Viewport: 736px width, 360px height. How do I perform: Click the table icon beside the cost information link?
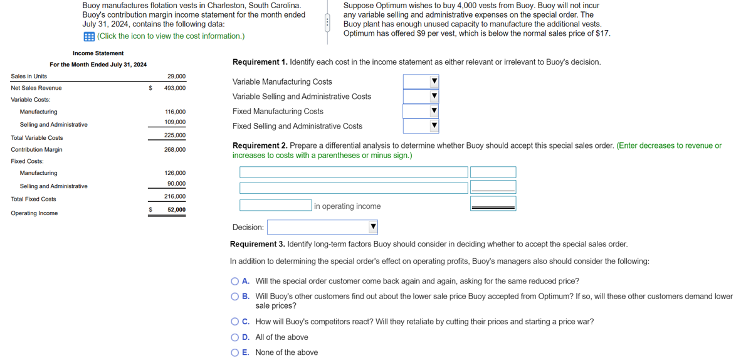[x=88, y=36]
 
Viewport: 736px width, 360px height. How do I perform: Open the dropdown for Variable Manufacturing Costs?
[x=421, y=82]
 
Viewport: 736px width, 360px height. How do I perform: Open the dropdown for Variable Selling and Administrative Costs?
[x=421, y=97]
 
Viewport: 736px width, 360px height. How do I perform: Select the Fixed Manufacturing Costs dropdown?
[x=421, y=111]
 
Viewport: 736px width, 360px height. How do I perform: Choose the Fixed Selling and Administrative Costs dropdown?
[x=421, y=126]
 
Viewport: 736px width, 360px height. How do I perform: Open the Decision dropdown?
[x=322, y=227]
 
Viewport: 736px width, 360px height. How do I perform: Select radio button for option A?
[x=235, y=282]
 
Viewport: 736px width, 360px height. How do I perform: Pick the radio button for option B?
[x=235, y=296]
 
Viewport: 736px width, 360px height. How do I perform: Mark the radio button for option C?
[x=235, y=322]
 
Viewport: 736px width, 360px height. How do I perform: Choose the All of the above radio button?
[x=235, y=337]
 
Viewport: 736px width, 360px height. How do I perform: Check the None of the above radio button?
[x=235, y=352]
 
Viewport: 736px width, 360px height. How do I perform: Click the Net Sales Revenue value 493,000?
[x=174, y=88]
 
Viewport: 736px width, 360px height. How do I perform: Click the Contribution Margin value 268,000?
[x=174, y=150]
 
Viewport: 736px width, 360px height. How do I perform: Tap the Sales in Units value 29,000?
[x=176, y=77]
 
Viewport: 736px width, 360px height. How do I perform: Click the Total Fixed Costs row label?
[x=33, y=199]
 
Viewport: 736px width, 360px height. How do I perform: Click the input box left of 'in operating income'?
[x=275, y=205]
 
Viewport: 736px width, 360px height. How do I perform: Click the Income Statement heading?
[x=98, y=53]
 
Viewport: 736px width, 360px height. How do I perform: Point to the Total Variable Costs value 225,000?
[x=174, y=135]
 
